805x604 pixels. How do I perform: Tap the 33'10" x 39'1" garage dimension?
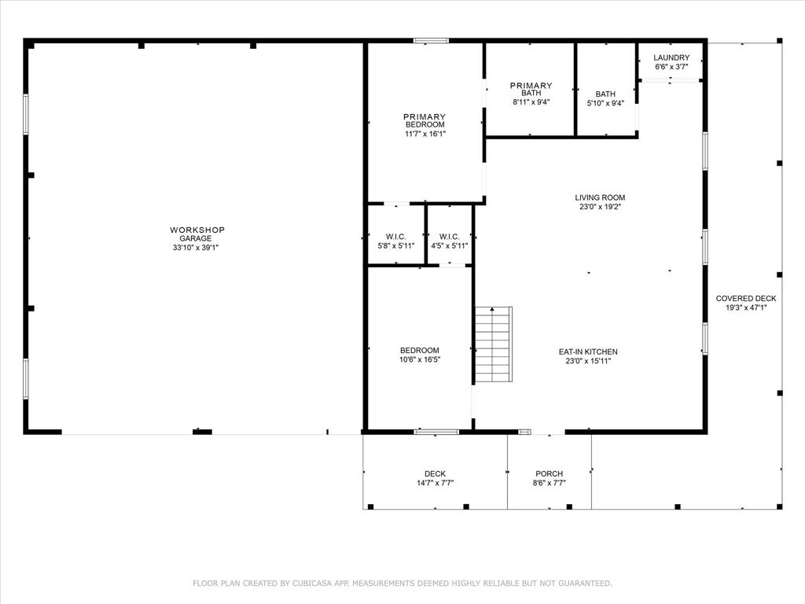(x=197, y=247)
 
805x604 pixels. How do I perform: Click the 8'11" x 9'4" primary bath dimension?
(x=531, y=101)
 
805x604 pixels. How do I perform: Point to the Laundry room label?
(x=671, y=57)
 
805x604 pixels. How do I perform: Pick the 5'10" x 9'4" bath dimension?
(x=605, y=103)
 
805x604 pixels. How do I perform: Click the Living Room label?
(x=600, y=197)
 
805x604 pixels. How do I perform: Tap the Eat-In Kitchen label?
(x=588, y=352)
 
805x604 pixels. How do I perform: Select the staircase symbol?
(x=493, y=344)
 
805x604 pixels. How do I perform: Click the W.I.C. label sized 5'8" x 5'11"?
(x=395, y=237)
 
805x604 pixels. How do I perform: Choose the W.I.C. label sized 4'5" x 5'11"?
(x=450, y=237)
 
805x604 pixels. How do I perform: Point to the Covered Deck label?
(x=745, y=298)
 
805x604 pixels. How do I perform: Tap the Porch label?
(x=549, y=473)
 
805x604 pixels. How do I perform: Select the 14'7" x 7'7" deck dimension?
(x=435, y=483)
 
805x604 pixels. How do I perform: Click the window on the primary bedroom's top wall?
(x=432, y=40)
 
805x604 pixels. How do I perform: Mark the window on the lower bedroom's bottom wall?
(x=436, y=431)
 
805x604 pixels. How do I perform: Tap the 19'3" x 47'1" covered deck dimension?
(x=745, y=308)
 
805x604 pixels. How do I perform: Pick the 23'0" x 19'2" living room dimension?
(x=600, y=208)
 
